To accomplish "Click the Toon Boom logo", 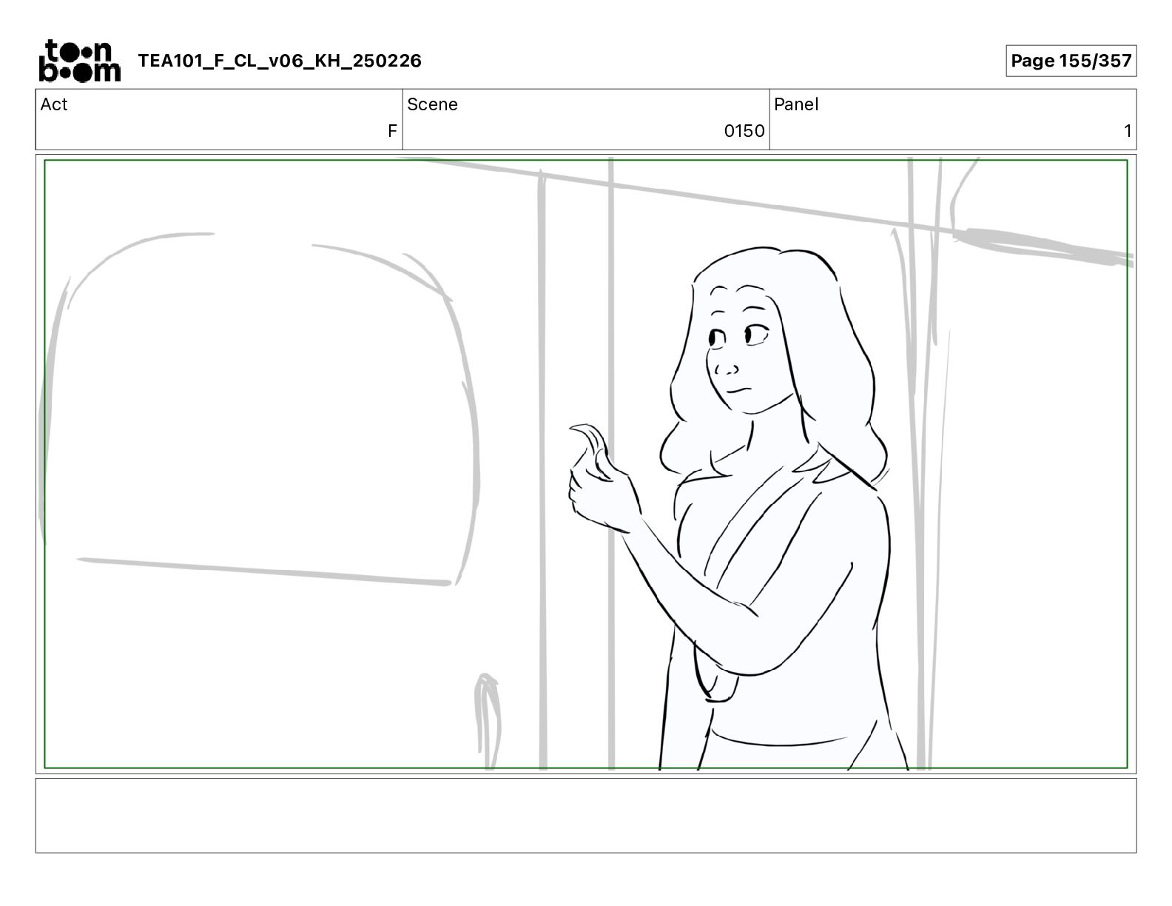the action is click(x=80, y=61).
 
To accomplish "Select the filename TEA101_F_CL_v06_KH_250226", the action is click(x=280, y=61).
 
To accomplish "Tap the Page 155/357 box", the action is click(x=1071, y=61).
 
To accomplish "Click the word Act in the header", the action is click(x=54, y=104).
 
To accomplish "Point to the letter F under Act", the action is click(x=392, y=130).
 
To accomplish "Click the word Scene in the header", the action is click(x=432, y=104).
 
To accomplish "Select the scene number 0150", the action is click(x=744, y=130).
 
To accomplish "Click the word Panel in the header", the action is click(x=795, y=104).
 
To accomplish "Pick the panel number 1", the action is click(x=1127, y=130).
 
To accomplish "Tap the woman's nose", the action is click(x=726, y=369).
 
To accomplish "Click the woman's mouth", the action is click(x=738, y=390).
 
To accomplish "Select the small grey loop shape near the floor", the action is click(x=487, y=720).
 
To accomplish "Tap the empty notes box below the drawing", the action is click(x=586, y=816).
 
